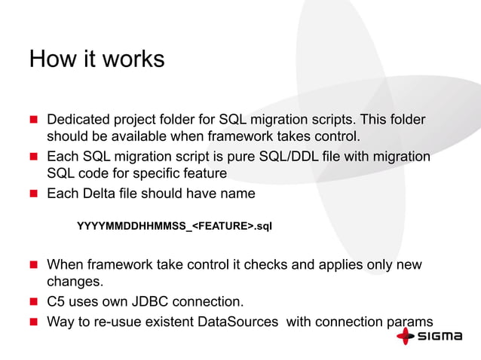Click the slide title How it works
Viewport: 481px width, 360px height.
pos(97,59)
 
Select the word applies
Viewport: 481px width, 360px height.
pos(340,265)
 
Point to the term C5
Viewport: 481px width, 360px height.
pos(57,303)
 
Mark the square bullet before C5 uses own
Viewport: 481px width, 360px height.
pos(34,303)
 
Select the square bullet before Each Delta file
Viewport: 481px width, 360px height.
pos(34,194)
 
